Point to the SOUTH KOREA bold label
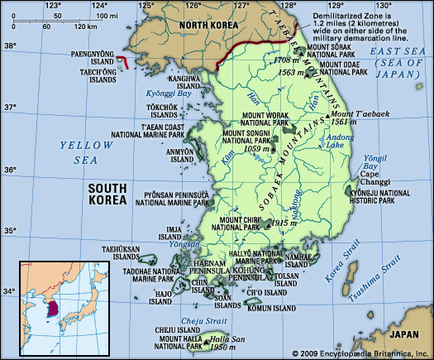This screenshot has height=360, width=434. pyautogui.click(x=108, y=194)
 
